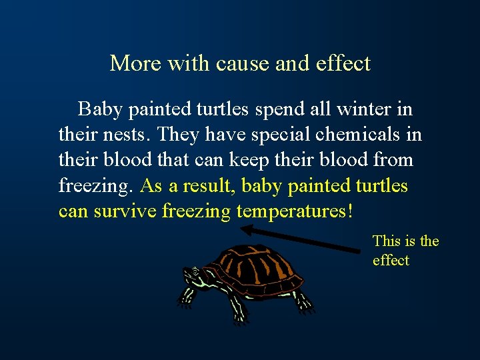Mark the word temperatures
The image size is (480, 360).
(x=293, y=212)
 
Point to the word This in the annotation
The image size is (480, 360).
(x=385, y=241)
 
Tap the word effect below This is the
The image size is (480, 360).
(x=391, y=260)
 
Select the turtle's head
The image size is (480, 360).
(x=193, y=274)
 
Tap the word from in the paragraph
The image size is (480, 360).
(x=395, y=160)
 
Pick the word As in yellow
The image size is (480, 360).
(x=152, y=186)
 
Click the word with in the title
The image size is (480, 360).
(x=189, y=63)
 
